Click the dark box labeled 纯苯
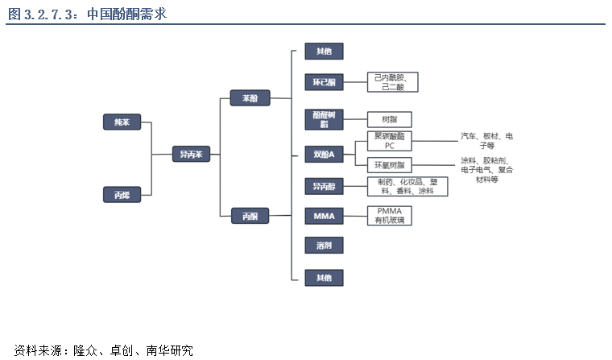pyautogui.click(x=122, y=122)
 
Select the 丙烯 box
pyautogui.click(x=122, y=194)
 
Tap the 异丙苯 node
pyautogui.click(x=191, y=154)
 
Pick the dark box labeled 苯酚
pyautogui.click(x=250, y=98)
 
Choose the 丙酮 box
pyautogui.click(x=250, y=216)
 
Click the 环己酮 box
pyautogui.click(x=324, y=82)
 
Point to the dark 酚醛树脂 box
pyautogui.click(x=324, y=119)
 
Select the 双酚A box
pyautogui.click(x=324, y=153)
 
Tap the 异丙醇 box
pyautogui.click(x=324, y=187)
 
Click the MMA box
pyautogui.click(x=324, y=216)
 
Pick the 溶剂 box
pyautogui.click(x=324, y=245)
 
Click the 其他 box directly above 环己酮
pyautogui.click(x=324, y=52)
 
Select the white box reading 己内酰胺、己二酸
pyautogui.click(x=392, y=82)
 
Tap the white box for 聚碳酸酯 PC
pyautogui.click(x=389, y=142)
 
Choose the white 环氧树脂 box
pyautogui.click(x=389, y=165)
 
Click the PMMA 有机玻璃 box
pyautogui.click(x=389, y=216)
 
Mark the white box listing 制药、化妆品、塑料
pyautogui.click(x=407, y=187)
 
